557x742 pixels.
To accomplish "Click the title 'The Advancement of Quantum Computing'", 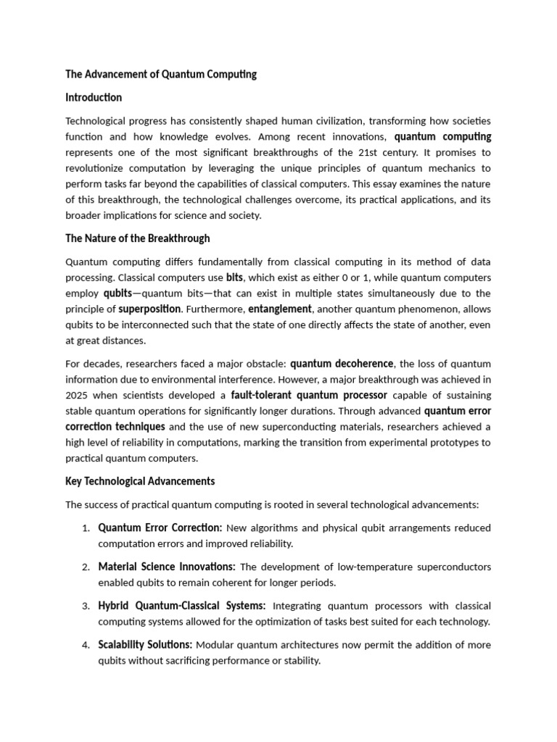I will (x=161, y=75).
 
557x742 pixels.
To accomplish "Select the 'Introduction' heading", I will (x=94, y=98).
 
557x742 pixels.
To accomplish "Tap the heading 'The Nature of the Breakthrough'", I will (x=138, y=238).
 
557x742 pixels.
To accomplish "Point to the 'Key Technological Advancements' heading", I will (x=140, y=481).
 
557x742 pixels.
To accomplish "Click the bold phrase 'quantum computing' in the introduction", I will (x=442, y=137).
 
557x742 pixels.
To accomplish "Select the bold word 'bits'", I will (x=234, y=278).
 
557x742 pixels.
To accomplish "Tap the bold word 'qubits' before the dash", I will (x=117, y=293).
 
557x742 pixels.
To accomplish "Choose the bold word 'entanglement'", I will (x=280, y=309).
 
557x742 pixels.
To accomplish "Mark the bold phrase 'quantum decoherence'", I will (x=342, y=364).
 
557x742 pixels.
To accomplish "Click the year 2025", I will (x=78, y=396).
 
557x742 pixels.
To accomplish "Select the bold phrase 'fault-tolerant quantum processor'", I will (x=309, y=396).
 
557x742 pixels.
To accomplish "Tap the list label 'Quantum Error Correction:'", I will (x=160, y=528).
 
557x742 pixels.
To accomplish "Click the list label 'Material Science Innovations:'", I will (x=167, y=567).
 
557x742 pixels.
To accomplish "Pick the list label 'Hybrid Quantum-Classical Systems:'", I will (x=182, y=606).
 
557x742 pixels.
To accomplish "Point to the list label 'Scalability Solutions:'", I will (x=145, y=645).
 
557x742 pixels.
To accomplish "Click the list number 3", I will (x=86, y=606).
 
